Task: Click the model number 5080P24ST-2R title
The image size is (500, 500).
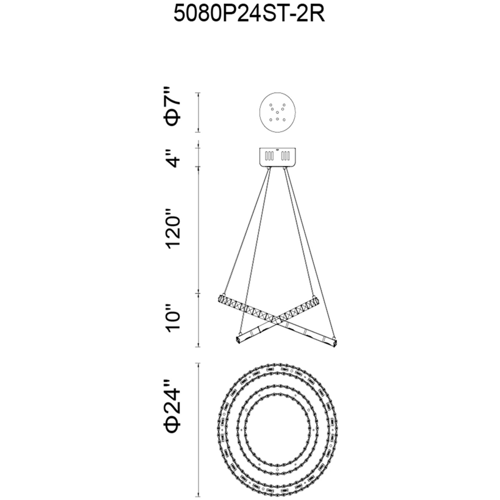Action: (249, 14)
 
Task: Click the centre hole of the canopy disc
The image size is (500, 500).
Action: (277, 112)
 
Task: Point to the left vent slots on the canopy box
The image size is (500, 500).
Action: (269, 156)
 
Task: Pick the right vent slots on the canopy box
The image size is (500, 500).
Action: (285, 156)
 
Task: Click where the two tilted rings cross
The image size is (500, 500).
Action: (278, 320)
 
